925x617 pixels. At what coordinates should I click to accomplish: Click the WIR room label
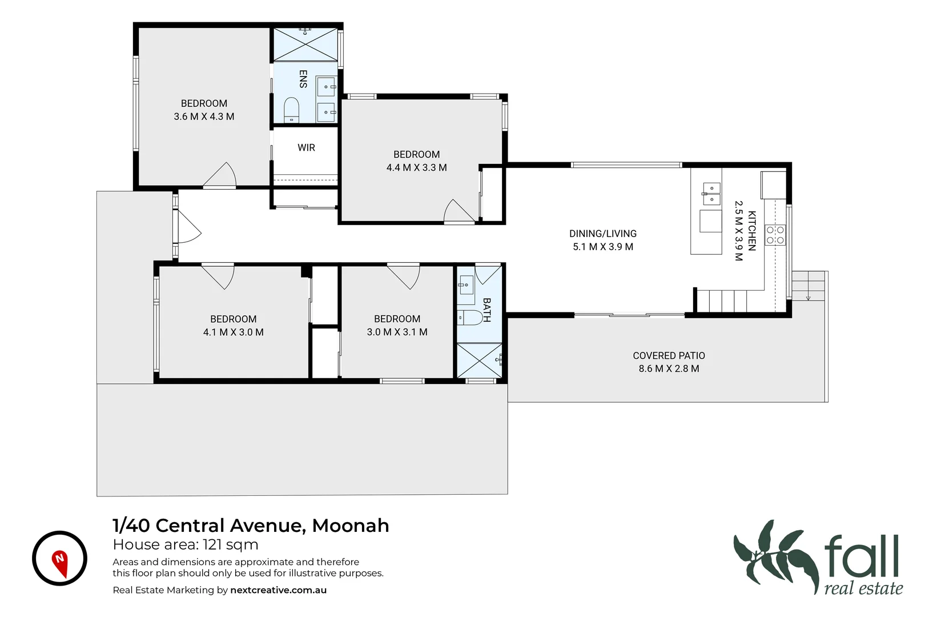[306, 147]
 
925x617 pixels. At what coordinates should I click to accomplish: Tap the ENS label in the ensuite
[303, 79]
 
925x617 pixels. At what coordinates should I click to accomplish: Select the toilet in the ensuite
[291, 110]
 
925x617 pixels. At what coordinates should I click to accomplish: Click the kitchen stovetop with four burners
[775, 235]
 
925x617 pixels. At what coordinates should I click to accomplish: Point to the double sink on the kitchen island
[711, 194]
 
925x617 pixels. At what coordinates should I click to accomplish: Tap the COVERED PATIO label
[669, 355]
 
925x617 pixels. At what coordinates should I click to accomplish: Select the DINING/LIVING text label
[603, 234]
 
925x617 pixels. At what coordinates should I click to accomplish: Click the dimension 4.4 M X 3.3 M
[416, 167]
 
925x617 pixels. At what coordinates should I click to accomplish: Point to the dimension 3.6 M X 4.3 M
[204, 117]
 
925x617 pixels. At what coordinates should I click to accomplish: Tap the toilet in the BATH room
[469, 318]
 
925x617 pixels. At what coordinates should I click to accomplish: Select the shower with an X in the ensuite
[305, 44]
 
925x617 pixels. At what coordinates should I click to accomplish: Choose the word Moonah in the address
[351, 526]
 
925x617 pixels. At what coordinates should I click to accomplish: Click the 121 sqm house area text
[231, 545]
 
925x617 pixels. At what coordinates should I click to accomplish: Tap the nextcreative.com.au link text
[278, 590]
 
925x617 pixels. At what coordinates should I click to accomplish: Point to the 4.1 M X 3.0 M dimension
[234, 332]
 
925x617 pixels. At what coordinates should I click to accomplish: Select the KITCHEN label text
[752, 231]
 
